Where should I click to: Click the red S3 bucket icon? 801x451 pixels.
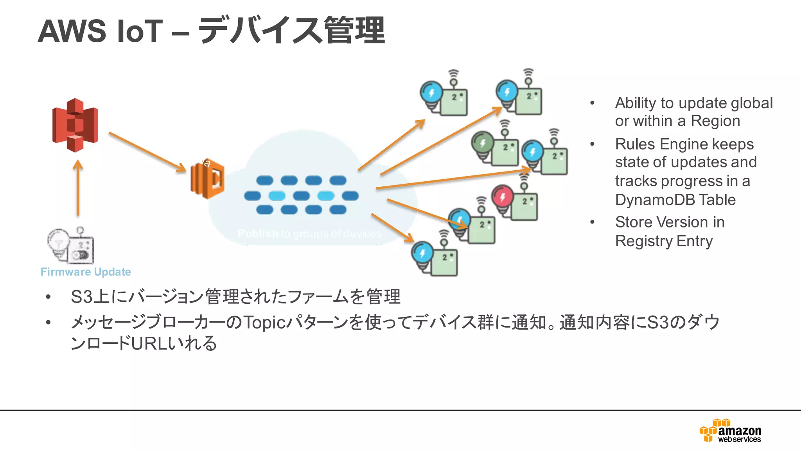pyautogui.click(x=75, y=125)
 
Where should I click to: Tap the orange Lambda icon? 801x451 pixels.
pyautogui.click(x=208, y=179)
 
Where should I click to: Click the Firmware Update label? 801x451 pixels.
pyautogui.click(x=86, y=272)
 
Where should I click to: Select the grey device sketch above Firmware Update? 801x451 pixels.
pyautogui.click(x=72, y=246)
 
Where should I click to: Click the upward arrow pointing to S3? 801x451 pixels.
pyautogui.click(x=78, y=188)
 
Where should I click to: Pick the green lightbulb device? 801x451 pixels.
pyautogui.click(x=495, y=148)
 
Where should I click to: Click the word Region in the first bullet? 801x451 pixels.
pyautogui.click(x=715, y=121)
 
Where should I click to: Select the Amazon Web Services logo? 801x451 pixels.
pyautogui.click(x=731, y=431)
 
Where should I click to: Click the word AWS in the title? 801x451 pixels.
pyautogui.click(x=72, y=31)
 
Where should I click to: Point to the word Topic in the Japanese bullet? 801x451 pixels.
pyautogui.click(x=265, y=323)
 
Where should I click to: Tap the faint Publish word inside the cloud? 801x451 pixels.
pyautogui.click(x=258, y=234)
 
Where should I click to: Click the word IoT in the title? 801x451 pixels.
pyautogui.click(x=140, y=31)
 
